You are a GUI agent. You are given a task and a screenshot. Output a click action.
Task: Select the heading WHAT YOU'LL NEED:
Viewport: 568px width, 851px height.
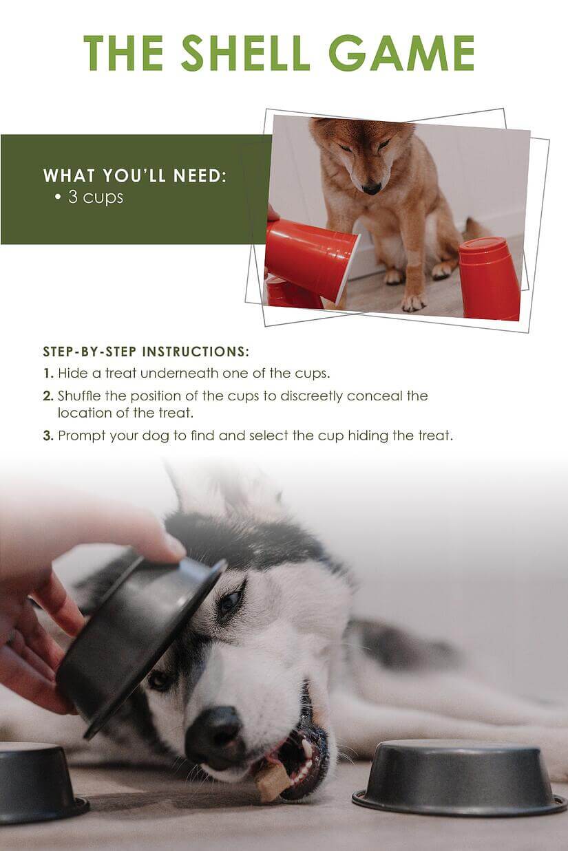point(135,175)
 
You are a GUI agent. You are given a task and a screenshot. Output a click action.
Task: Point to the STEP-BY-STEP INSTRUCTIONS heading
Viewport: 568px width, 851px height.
point(145,352)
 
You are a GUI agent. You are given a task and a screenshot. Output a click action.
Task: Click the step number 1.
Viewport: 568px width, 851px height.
point(48,373)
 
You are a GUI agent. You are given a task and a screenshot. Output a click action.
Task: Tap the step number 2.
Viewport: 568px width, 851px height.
point(48,396)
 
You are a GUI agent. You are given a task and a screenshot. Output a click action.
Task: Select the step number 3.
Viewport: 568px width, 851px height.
point(48,435)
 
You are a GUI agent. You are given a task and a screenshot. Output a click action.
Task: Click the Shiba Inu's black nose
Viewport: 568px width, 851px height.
point(372,187)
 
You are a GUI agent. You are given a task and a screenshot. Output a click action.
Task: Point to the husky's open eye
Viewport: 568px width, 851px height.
point(229,601)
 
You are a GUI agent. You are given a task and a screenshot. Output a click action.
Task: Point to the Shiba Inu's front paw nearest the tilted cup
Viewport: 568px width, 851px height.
point(413,301)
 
